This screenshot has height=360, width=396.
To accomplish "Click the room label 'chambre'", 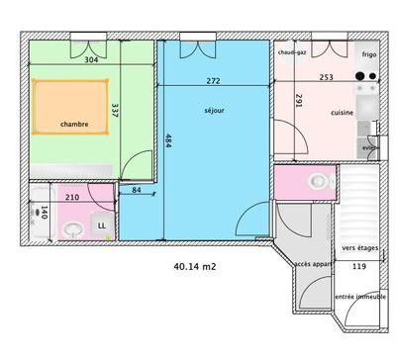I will pos(74,124).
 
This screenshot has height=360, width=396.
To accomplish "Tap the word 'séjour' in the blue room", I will pos(215,110).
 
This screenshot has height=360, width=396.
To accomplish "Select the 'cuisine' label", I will pos(343,112).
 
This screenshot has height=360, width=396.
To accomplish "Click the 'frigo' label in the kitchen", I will pos(369,54).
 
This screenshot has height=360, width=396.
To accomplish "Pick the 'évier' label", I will pos(370,148).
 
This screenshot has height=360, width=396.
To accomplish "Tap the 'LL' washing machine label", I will pos(102,227).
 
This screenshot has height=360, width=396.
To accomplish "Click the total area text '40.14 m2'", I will pos(197,266).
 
